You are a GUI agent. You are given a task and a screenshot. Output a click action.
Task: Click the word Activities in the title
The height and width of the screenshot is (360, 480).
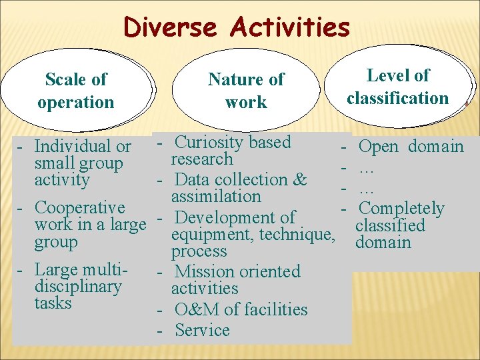coord(289,28)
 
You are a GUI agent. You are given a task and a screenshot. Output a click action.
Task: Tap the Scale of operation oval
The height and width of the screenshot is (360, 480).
coord(76,91)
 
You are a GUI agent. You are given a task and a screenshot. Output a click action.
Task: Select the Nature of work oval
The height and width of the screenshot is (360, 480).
coord(246,91)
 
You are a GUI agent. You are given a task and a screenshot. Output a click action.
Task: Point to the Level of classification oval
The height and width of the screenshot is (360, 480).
coord(397,87)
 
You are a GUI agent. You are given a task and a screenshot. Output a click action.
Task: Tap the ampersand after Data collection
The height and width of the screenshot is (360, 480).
coord(299,179)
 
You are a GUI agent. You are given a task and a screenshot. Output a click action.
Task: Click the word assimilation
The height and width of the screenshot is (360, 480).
coord(216,197)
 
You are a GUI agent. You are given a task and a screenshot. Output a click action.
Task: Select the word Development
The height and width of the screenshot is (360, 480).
coord(221,217)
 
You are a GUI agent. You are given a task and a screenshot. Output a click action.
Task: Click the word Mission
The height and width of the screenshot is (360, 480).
coord(202,272)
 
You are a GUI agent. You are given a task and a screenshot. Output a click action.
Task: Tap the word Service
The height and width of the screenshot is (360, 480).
coord(202,330)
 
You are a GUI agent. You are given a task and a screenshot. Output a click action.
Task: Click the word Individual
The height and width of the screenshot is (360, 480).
coord(73,146)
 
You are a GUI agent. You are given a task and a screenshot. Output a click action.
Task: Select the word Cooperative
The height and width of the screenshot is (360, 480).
coord(79,208)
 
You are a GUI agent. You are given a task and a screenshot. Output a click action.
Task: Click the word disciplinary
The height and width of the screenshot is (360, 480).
coord(77,287)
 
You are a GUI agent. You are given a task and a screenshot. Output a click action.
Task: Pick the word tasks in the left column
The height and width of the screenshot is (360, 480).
coord(53,303)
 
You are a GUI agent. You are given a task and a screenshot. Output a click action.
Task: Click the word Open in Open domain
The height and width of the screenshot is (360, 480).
coord(379,146)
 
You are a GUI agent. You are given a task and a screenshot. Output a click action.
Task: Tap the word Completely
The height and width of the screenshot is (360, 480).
coord(401,209)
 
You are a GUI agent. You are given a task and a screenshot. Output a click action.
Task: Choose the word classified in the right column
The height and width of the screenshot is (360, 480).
coord(390,225)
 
